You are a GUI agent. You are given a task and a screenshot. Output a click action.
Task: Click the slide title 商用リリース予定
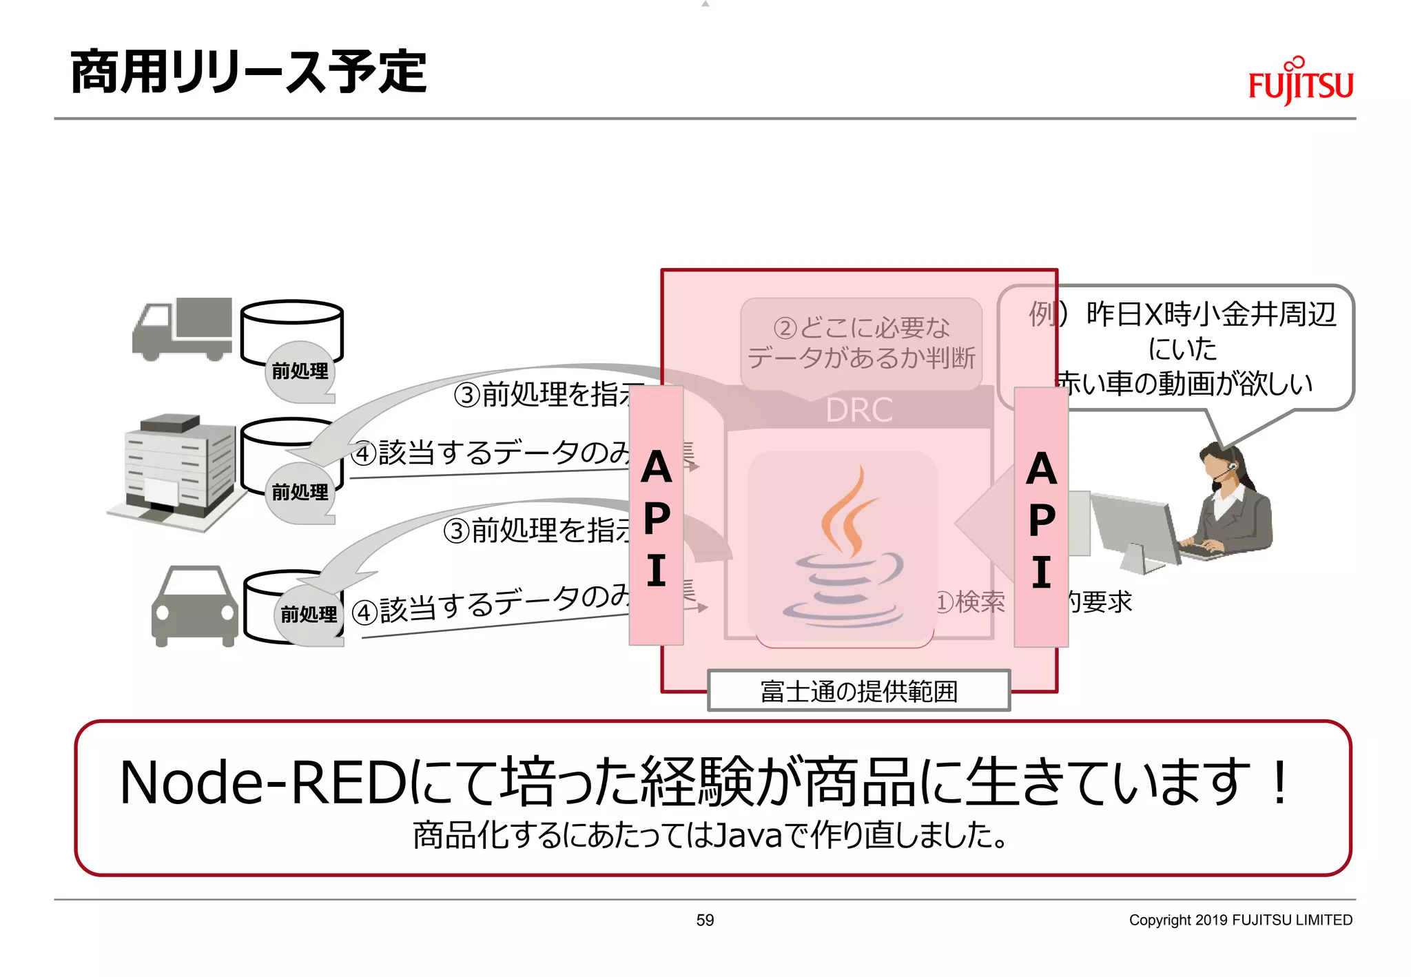(x=248, y=72)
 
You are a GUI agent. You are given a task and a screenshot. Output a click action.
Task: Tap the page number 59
(x=705, y=920)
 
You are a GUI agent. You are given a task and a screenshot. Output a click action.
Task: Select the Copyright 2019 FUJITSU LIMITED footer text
(x=1240, y=920)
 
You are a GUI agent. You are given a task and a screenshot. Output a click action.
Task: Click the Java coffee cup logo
(x=844, y=548)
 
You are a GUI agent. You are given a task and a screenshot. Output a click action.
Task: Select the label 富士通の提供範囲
(x=858, y=691)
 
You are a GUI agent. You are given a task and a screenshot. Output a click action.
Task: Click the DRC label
(x=859, y=411)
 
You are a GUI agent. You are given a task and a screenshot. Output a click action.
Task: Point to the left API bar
(x=656, y=517)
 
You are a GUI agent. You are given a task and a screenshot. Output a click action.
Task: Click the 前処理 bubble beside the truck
(x=300, y=372)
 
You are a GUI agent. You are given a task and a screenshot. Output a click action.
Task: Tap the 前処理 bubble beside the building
(x=300, y=493)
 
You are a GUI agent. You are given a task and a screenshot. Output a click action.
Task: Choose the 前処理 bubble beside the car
(x=309, y=614)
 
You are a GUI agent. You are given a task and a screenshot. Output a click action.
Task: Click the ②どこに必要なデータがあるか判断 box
(x=861, y=343)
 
